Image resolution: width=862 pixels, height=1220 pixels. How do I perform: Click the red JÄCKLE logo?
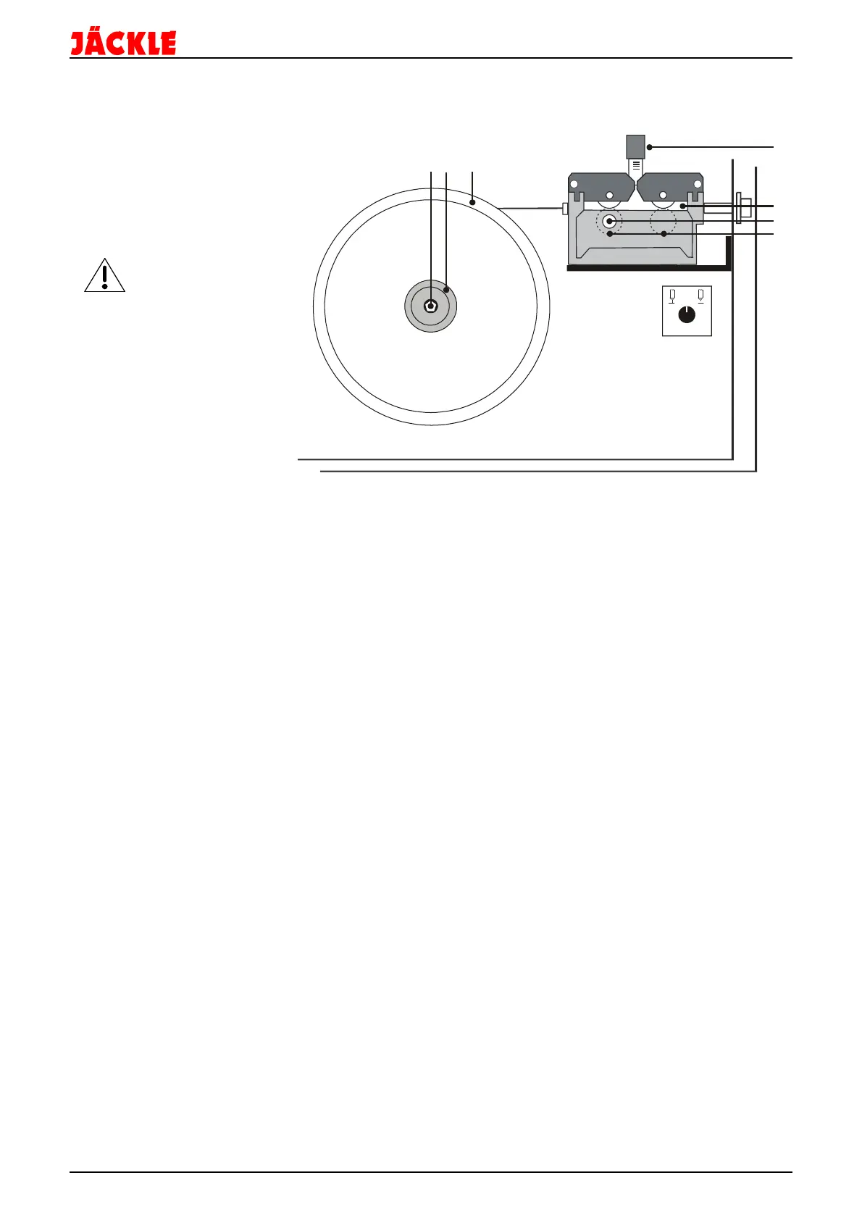123,43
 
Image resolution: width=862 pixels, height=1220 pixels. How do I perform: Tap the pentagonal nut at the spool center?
431,306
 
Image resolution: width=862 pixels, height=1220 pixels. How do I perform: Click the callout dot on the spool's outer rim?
472,203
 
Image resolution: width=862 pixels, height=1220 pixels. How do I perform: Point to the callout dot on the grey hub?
446,289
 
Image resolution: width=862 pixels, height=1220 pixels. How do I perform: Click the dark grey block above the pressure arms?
635,146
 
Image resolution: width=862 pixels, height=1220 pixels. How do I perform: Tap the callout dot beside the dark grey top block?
650,147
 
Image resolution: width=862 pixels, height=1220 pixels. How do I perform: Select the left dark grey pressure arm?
601,186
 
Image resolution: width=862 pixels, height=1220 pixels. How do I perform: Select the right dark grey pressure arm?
670,186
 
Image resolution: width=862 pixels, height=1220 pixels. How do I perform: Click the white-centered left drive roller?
609,221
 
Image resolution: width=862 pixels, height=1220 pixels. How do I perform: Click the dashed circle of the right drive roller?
663,221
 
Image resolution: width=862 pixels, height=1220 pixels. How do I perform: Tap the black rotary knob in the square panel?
687,315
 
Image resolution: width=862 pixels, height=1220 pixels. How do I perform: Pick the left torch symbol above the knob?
673,295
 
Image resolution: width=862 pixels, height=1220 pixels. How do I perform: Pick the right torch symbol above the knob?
700,295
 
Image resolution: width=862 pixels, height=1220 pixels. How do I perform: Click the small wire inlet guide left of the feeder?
565,209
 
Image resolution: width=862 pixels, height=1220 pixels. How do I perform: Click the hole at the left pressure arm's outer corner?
574,185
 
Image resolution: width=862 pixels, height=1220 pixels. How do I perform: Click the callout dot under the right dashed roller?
664,234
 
